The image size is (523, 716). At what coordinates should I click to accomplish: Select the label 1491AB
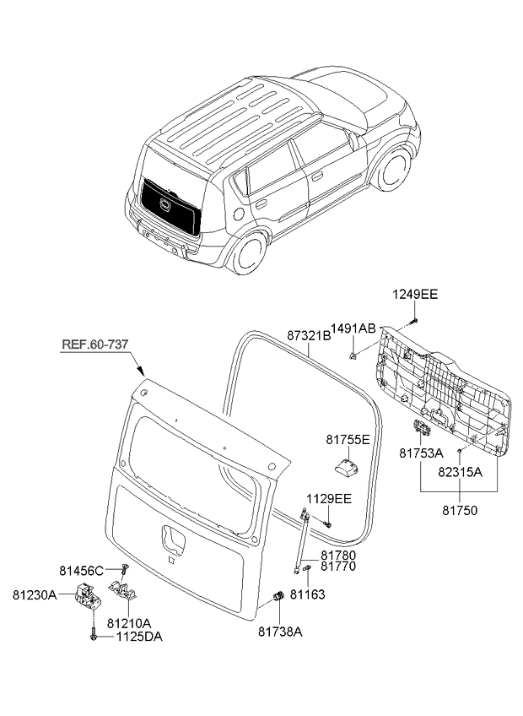click(353, 328)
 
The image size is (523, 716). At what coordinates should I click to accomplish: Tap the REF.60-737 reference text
click(96, 344)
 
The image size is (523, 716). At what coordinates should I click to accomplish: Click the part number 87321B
click(309, 335)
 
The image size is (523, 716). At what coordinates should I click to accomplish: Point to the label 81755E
click(348, 439)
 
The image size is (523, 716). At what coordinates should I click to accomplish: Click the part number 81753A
click(421, 453)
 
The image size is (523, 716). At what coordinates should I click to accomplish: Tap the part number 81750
click(460, 511)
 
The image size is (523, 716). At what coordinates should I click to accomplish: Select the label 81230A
click(34, 595)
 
